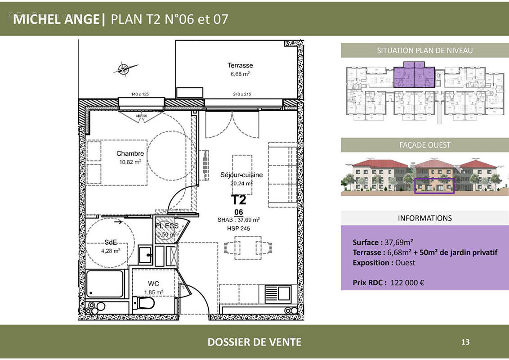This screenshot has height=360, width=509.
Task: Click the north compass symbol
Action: tap(122, 69)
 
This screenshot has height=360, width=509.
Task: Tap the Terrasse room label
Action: tap(240, 65)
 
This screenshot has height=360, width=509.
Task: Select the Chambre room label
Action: tap(130, 153)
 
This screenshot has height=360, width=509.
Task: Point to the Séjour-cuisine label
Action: tap(241, 175)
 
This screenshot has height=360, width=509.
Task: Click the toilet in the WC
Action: tap(146, 303)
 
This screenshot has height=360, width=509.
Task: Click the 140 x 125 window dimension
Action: tap(140, 94)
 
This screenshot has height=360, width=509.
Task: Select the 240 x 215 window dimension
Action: tap(241, 94)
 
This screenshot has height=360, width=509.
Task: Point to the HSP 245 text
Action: tap(238, 229)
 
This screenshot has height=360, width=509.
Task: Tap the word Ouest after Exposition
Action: tap(405, 262)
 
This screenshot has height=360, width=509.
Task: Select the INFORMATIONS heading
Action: tap(424, 218)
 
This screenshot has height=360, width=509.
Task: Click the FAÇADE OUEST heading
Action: tap(424, 145)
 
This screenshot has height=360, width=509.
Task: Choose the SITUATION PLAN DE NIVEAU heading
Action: tap(424, 50)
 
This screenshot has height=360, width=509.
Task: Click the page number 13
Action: tap(465, 342)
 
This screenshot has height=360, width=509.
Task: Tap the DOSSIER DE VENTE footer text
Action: tap(254, 342)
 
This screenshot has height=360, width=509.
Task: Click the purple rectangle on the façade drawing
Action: tap(434, 185)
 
